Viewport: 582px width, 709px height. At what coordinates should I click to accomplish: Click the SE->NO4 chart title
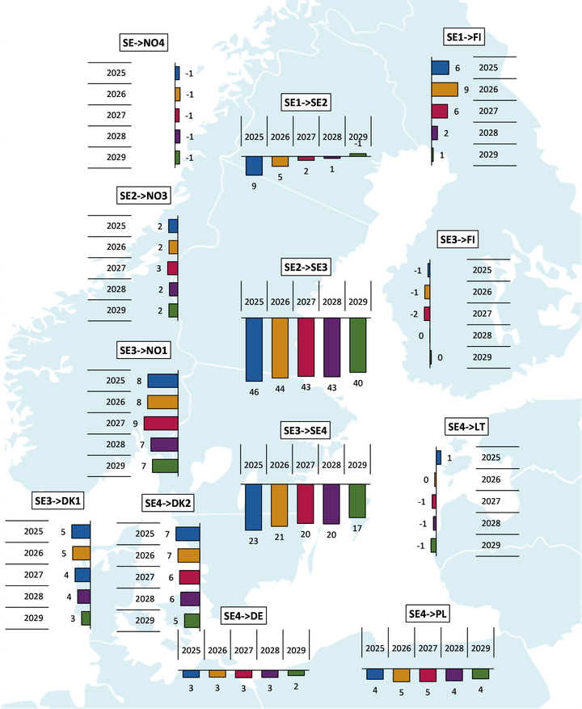(142, 43)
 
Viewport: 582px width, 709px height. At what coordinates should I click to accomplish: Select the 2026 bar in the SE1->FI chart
(445, 90)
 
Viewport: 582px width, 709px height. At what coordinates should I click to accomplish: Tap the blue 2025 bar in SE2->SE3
(254, 349)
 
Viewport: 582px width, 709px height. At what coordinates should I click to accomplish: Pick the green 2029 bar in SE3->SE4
(356, 500)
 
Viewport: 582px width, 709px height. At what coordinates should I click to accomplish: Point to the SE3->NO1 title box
(142, 351)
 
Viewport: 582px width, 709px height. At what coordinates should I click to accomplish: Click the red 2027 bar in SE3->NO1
(161, 423)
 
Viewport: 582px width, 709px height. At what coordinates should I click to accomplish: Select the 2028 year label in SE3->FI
(482, 335)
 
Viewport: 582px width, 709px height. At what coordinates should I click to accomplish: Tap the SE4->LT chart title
(466, 426)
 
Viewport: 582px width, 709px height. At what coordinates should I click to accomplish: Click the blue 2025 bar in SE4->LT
(438, 458)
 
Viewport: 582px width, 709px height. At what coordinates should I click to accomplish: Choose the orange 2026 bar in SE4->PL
(402, 675)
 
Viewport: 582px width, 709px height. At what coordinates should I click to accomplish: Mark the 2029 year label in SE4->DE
(296, 650)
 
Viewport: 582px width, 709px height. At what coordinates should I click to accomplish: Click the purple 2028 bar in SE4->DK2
(190, 599)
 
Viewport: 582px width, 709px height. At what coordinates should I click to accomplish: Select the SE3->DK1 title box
(58, 501)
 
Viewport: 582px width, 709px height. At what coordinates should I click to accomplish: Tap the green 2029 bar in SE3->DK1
(86, 618)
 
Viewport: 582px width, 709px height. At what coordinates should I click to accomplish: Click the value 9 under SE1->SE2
(254, 186)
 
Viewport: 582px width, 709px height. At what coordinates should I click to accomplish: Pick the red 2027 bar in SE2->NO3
(172, 268)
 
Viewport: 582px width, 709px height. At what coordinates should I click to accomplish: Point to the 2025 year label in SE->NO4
(116, 73)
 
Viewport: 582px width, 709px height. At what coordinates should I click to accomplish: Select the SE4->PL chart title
(428, 614)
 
